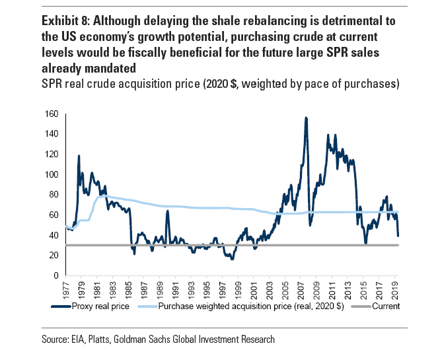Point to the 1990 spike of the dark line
[167, 211]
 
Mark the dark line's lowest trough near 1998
[232, 259]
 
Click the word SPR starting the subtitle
[52, 84]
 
